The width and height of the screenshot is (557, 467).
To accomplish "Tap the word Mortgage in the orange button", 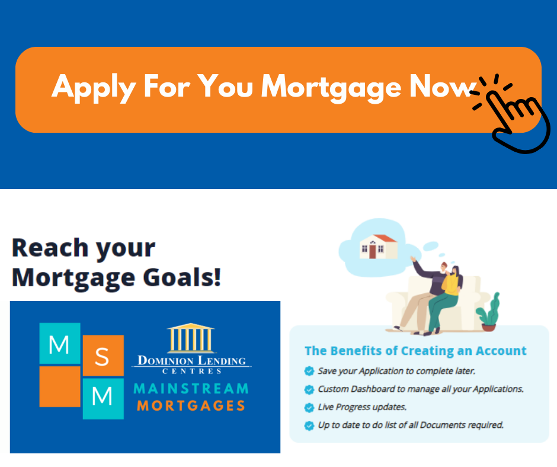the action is point(331,88).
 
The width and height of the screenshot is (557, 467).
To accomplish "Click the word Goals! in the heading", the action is point(182,277).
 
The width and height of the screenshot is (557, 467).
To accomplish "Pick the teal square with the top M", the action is point(60,343).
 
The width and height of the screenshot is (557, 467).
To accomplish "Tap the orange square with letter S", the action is point(103,356).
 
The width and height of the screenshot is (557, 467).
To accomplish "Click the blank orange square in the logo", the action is point(60,386).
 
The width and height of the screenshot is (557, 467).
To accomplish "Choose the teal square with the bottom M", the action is point(103,399).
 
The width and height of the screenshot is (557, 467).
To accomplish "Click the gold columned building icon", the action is point(191,338).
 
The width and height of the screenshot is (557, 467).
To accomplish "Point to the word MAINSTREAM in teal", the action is point(191,389).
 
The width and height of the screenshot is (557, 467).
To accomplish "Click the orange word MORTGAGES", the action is point(191,405).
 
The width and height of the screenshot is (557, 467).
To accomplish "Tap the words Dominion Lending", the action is point(191,360).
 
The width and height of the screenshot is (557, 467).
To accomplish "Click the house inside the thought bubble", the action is point(378,247).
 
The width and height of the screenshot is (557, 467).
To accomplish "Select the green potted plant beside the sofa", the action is point(488,312).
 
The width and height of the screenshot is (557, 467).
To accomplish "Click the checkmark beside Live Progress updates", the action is point(309,407).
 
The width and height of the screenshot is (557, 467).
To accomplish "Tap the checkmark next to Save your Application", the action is point(309,371).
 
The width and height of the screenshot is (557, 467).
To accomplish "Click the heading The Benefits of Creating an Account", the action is point(415,351).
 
